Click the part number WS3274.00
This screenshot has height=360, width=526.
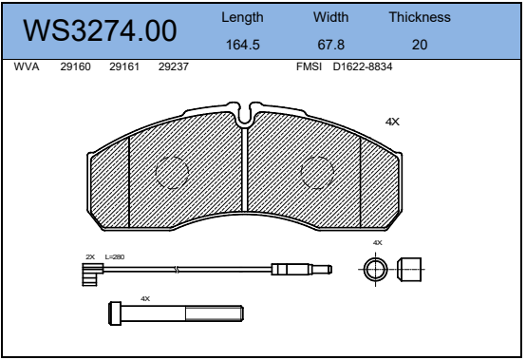(100, 30)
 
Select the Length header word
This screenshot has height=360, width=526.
(242, 18)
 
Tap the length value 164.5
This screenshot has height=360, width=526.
(242, 45)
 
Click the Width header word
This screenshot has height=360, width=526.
(330, 17)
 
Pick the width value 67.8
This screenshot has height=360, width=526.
(330, 45)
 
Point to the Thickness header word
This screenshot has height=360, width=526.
(420, 17)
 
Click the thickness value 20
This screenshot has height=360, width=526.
(420, 45)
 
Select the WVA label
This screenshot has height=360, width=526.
(27, 66)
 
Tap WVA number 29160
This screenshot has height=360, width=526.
(75, 66)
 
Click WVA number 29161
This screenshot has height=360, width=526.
(124, 66)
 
